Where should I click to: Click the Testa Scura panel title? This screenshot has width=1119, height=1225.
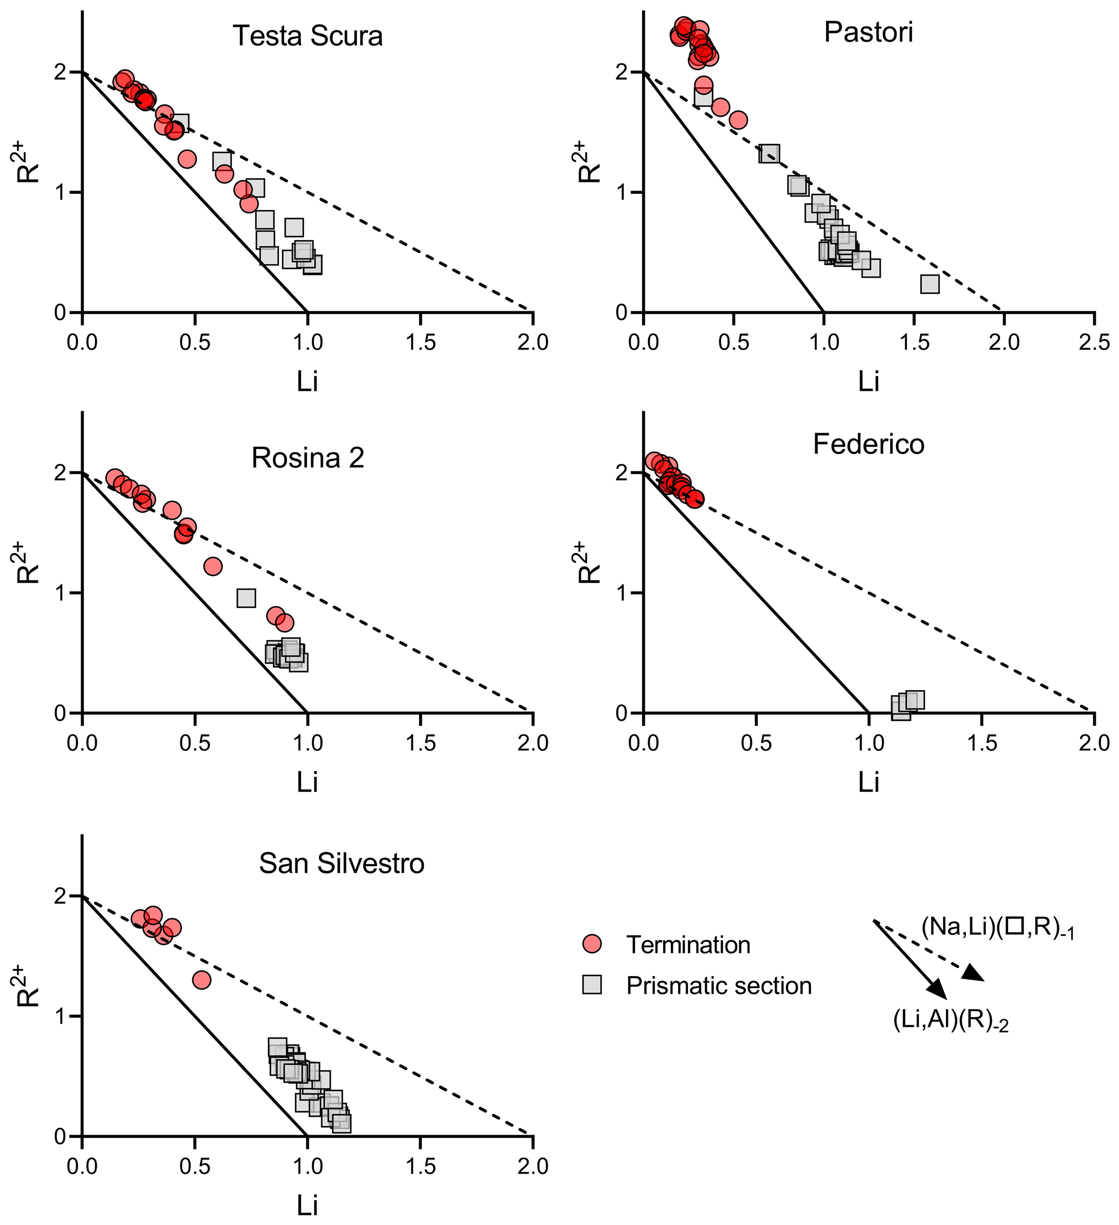pyautogui.click(x=307, y=36)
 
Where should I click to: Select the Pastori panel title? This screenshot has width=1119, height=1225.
pyautogui.click(x=868, y=32)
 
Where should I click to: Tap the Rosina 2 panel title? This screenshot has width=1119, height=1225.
pyautogui.click(x=307, y=458)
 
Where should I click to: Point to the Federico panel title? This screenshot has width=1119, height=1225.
pyautogui.click(x=868, y=445)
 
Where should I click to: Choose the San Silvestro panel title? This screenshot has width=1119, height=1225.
pyautogui.click(x=342, y=863)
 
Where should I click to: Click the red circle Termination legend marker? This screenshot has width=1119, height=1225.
pyautogui.click(x=591, y=944)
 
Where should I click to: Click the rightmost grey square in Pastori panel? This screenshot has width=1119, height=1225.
pyautogui.click(x=930, y=284)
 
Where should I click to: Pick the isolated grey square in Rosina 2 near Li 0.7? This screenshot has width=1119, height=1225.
pyautogui.click(x=246, y=598)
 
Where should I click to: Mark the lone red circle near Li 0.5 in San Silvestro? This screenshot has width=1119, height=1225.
pyautogui.click(x=201, y=980)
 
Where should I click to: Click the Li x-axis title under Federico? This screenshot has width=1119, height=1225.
pyautogui.click(x=868, y=783)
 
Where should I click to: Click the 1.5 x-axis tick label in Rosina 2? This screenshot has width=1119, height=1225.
pyautogui.click(x=420, y=743)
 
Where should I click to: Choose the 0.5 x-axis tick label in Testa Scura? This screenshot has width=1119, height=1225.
pyautogui.click(x=194, y=343)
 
